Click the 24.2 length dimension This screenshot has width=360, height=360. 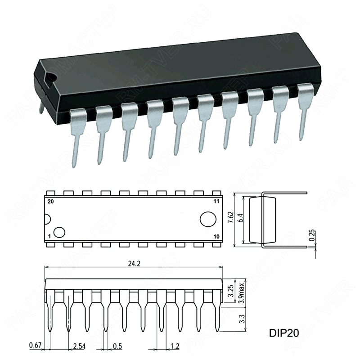click(x=134, y=264)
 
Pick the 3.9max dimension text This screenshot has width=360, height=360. click(x=242, y=291)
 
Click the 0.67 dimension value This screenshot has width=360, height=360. click(x=35, y=345)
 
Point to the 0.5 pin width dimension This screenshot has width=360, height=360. click(x=118, y=345)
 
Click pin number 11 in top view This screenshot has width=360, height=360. click(x=216, y=202)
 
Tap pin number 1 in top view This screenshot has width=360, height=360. click(x=49, y=236)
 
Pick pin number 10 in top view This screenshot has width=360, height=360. click(x=216, y=236)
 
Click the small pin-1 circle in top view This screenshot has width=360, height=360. click(x=59, y=232)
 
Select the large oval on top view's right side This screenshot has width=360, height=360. click(x=208, y=219)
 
